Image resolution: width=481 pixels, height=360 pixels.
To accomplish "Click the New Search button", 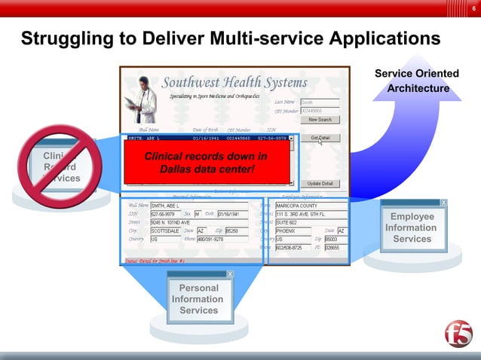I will tap(319, 119).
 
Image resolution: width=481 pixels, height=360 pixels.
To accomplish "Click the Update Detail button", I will tap(319, 183).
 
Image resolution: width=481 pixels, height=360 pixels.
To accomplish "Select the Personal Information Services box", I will tap(199, 298).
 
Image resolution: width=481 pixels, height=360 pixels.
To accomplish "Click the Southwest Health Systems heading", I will tap(234, 82).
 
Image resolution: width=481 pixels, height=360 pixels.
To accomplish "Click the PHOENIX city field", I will tap(293, 230).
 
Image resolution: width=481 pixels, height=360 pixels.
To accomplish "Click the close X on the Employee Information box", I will tap(443, 203).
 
